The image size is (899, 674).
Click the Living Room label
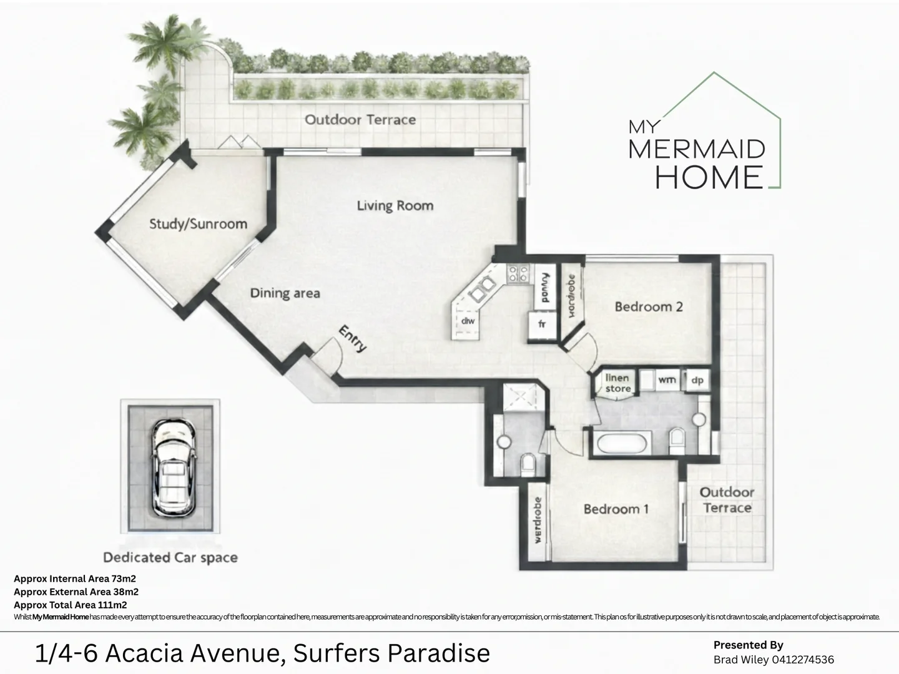395,205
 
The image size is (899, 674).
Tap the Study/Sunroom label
198,224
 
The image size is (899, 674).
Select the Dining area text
285,293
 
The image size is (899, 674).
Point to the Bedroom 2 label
648,306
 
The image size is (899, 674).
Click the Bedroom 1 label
616,509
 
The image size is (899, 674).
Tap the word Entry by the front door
352,339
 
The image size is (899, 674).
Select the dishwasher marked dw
468,321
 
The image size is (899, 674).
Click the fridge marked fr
542,324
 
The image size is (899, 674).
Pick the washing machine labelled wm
667,379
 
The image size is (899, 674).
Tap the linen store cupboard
617,383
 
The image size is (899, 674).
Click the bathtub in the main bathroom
622,444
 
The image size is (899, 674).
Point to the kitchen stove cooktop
518,273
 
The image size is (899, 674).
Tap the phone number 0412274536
802,660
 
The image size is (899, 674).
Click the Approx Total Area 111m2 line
71,605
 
